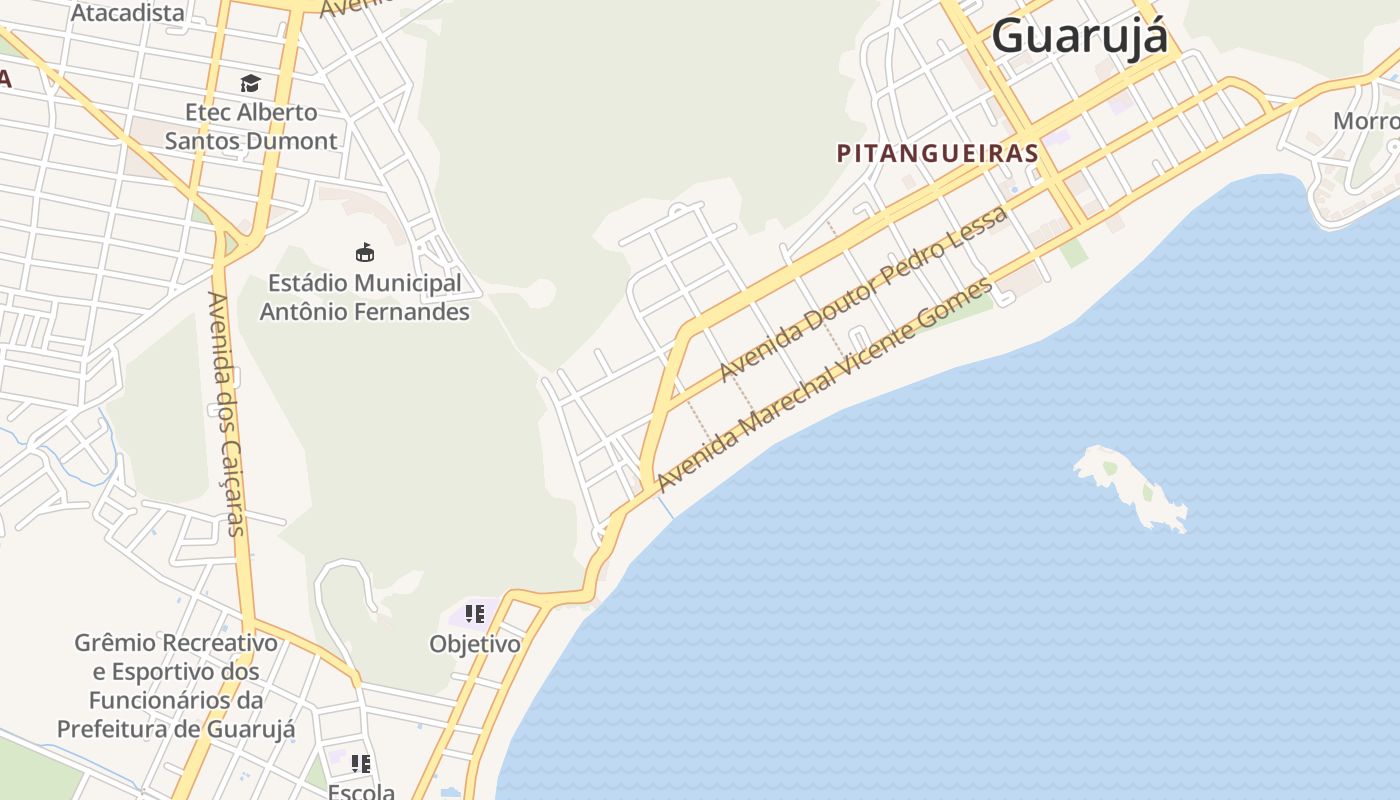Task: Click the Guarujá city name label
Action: (x=1079, y=36)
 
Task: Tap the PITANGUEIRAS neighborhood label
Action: (x=937, y=154)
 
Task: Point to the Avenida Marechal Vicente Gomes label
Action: (x=825, y=385)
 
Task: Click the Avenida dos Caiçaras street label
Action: (x=227, y=413)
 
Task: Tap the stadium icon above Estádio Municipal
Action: (x=365, y=252)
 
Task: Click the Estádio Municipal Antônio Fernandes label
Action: (x=364, y=297)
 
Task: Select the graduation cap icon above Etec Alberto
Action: (x=250, y=83)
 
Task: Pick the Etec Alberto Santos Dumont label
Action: (x=251, y=126)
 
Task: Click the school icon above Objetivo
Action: (x=475, y=613)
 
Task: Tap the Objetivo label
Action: (x=475, y=644)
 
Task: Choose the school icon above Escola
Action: (x=361, y=764)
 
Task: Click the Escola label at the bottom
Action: (x=361, y=791)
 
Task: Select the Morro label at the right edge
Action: (x=1366, y=121)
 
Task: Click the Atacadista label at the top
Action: (x=128, y=13)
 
